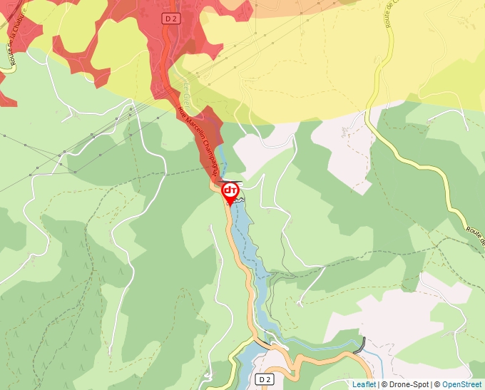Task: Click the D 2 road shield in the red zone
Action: (170, 19)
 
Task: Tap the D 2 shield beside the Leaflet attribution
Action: (265, 379)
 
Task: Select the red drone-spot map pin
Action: (230, 192)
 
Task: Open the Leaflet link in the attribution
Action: (364, 384)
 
